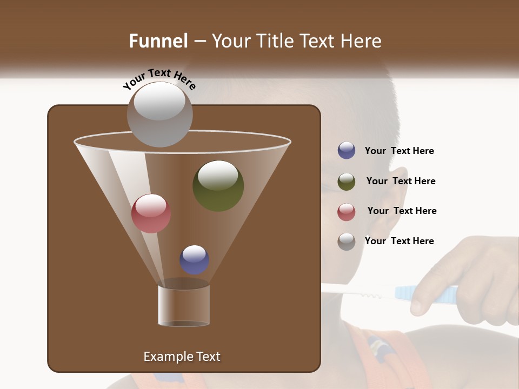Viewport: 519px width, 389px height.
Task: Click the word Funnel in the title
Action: point(158,41)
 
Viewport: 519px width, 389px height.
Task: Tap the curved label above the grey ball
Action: point(159,80)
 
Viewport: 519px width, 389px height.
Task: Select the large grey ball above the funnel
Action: point(159,114)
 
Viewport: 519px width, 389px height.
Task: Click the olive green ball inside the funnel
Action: point(218,185)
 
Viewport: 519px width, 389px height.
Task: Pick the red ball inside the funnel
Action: point(151,213)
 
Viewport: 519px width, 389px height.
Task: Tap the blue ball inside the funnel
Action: point(194,259)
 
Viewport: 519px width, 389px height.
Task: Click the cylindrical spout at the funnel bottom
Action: point(183,304)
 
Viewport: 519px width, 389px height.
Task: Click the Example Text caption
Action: point(182,357)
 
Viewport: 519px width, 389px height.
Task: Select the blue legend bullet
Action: point(347,151)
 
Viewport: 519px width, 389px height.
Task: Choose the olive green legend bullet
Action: point(347,182)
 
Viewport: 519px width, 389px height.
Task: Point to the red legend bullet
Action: point(347,212)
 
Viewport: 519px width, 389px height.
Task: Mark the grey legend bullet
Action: point(347,242)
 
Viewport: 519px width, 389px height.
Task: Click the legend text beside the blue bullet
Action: point(399,151)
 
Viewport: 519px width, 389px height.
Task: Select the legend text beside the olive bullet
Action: point(401,181)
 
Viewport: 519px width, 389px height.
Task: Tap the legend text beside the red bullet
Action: point(402,211)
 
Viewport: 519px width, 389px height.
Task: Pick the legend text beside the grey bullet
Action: point(399,241)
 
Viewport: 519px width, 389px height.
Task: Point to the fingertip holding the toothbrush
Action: point(417,306)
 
